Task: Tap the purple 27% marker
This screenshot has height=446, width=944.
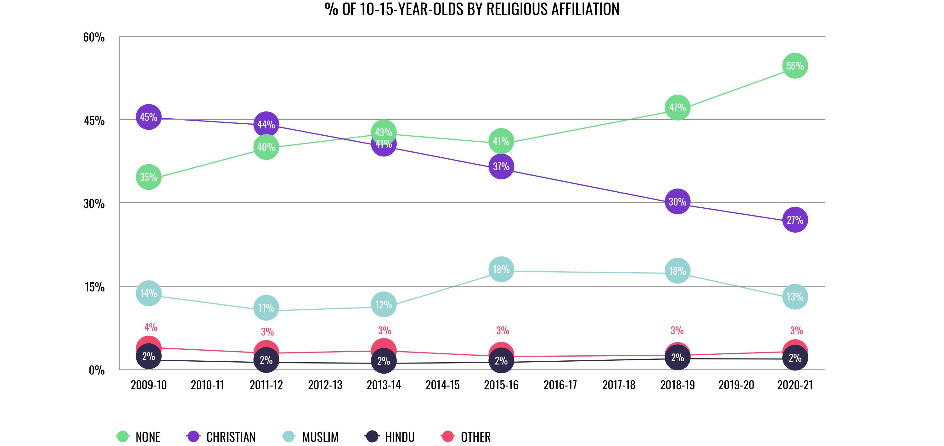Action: [x=795, y=220]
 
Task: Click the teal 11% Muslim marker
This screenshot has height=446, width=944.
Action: [x=266, y=308]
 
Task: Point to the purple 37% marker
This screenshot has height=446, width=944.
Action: [x=501, y=167]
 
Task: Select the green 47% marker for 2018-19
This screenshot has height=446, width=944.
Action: [x=677, y=108]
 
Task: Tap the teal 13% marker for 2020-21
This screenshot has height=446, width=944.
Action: [x=795, y=297]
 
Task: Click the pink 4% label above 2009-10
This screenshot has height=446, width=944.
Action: [x=151, y=327]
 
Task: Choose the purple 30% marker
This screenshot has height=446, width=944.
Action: [x=677, y=201]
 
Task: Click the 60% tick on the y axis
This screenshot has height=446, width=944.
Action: [x=94, y=37]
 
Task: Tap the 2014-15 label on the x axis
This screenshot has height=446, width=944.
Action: [x=442, y=385]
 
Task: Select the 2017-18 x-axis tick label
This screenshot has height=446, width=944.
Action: [x=619, y=385]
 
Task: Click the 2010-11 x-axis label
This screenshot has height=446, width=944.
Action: [x=207, y=385]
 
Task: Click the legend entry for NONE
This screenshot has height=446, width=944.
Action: [x=138, y=437]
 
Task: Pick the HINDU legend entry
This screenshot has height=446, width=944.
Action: [x=390, y=437]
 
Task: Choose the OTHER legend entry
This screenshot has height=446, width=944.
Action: [x=466, y=437]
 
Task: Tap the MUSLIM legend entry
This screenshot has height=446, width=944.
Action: [x=311, y=437]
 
